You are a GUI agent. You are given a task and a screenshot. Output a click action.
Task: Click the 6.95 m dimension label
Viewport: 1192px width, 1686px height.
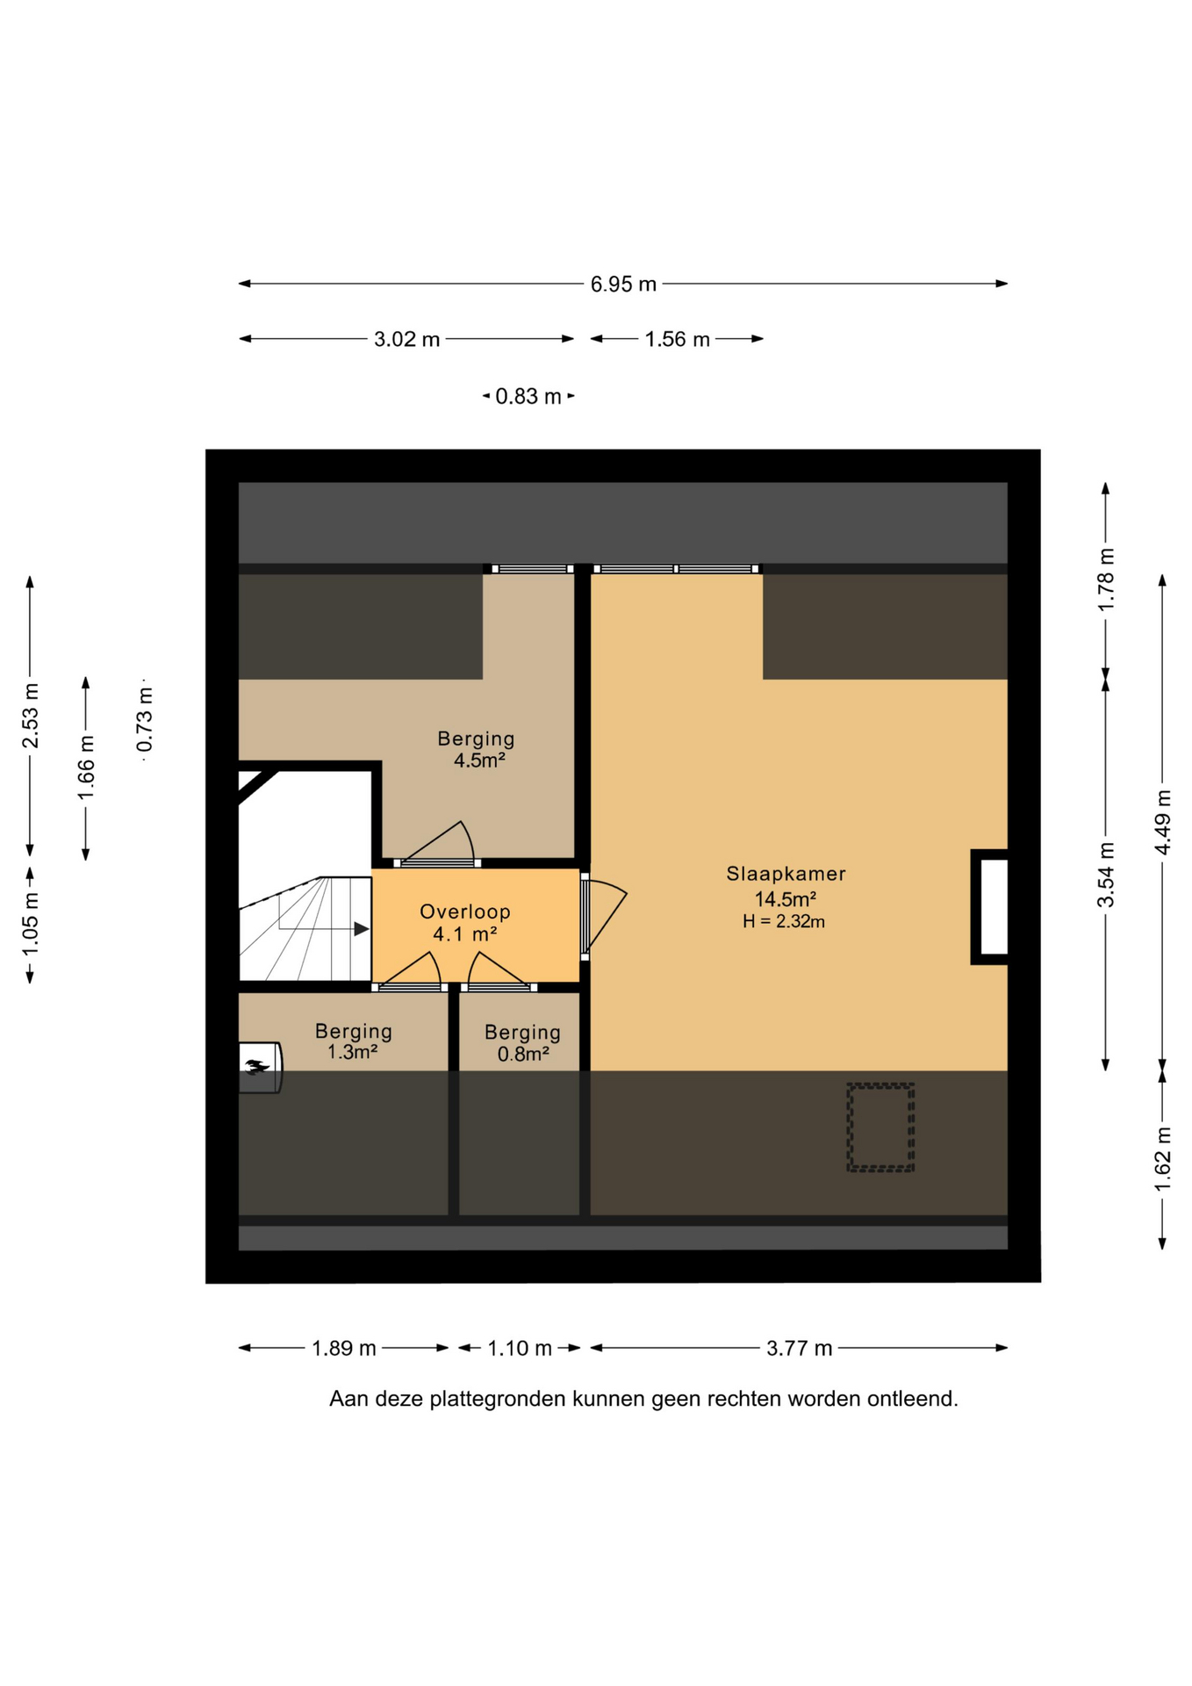pos(623,284)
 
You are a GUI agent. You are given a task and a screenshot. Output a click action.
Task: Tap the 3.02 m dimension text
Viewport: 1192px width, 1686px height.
pos(406,339)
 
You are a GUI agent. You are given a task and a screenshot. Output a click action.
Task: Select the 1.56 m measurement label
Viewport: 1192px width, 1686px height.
pos(677,339)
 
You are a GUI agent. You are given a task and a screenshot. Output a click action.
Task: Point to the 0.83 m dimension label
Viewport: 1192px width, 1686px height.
pos(528,396)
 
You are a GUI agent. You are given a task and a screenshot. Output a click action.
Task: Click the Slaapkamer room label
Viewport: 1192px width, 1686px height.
pos(786,874)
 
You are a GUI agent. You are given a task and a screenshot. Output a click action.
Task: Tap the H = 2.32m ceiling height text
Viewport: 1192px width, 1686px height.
pos(784,921)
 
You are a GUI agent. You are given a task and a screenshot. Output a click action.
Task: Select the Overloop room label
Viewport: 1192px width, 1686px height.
pos(465,911)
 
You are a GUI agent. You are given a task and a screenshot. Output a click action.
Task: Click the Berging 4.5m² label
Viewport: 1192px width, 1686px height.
pos(477,749)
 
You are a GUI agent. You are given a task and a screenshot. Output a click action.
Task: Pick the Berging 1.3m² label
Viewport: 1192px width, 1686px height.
pos(354,1041)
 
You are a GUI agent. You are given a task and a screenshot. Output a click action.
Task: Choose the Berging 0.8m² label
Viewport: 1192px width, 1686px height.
pos(522,1042)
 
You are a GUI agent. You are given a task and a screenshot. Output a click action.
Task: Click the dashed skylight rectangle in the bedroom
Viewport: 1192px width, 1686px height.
pos(880,1127)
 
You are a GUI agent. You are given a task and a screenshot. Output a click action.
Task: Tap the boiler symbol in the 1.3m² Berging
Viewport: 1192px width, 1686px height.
pos(260,1068)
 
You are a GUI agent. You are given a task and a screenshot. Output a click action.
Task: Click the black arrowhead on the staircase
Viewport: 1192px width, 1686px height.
pos(361,928)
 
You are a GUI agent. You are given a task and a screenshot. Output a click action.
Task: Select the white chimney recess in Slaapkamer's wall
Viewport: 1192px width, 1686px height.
pos(994,907)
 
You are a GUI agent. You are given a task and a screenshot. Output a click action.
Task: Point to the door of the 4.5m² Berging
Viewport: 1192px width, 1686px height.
pos(436,843)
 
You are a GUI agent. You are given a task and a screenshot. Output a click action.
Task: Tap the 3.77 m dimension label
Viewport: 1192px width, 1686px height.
pos(799,1348)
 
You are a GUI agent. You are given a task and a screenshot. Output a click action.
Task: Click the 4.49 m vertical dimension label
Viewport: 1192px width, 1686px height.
pos(1163,821)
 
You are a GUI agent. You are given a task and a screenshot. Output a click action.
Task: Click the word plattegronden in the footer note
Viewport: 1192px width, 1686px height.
pos(498,1399)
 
